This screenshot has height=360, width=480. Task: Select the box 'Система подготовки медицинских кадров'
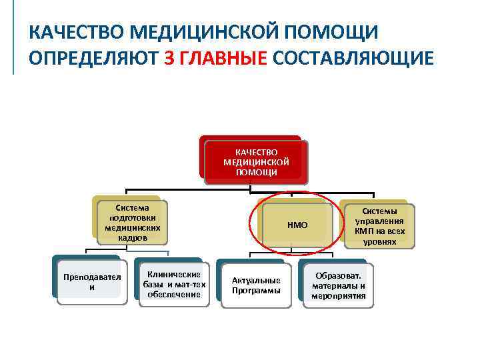[x=132, y=223]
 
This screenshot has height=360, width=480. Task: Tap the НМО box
[x=297, y=225]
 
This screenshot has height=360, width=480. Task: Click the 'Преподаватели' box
[x=91, y=282]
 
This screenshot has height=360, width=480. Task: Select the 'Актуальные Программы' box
[x=256, y=285]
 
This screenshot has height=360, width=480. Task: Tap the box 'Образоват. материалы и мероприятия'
[x=339, y=285]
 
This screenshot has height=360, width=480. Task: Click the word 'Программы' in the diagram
[x=256, y=291]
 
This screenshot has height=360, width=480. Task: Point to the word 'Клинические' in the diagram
[x=175, y=275]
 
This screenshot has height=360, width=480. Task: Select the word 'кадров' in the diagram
[x=132, y=238]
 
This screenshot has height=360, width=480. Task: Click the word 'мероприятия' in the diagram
[x=339, y=295]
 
